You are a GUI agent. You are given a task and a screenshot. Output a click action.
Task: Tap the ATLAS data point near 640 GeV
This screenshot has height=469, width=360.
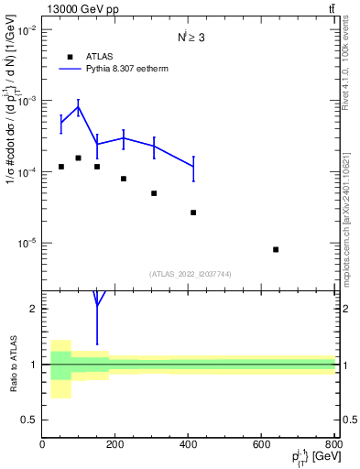click(276, 249)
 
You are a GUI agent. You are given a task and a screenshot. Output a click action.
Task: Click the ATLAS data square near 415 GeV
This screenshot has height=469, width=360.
click(193, 213)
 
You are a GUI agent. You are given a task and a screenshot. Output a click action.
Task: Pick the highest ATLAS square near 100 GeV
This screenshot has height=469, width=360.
click(79, 158)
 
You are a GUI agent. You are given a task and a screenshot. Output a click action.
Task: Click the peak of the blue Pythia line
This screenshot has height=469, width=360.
click(79, 107)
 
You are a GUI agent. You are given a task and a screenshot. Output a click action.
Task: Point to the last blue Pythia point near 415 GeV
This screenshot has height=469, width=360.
click(193, 167)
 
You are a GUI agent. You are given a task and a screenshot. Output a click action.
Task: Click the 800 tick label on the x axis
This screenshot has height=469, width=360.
click(334, 444)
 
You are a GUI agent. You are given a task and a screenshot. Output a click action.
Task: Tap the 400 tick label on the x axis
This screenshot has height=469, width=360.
click(189, 444)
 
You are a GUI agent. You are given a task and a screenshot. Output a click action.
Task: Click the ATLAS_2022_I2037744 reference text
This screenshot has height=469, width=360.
click(189, 273)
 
